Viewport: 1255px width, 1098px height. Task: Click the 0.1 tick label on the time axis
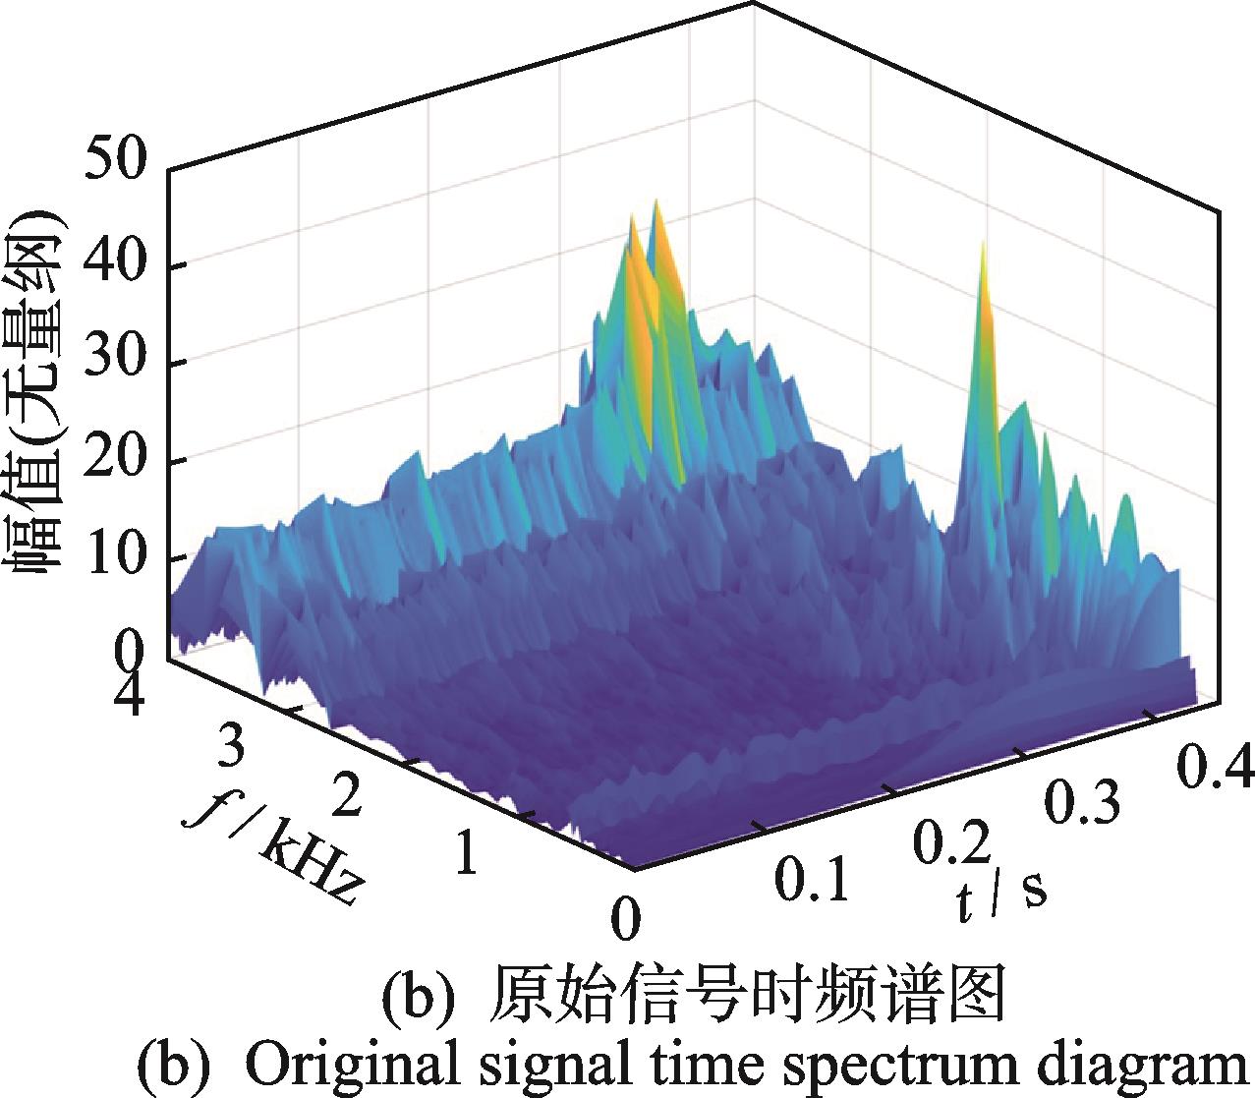(x=811, y=880)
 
